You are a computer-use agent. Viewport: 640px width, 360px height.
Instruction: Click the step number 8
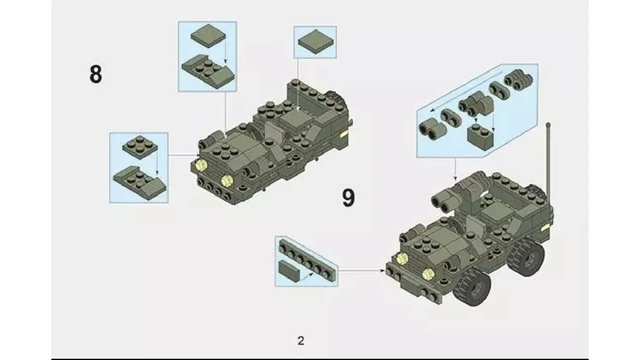pos(95,74)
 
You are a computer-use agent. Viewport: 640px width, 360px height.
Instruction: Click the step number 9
pos(348,198)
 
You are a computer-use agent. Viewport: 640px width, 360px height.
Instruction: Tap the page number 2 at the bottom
pos(300,341)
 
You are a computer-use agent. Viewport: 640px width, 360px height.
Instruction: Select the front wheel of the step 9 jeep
pos(472,287)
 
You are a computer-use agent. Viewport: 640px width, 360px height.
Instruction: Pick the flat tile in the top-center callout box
pos(315,41)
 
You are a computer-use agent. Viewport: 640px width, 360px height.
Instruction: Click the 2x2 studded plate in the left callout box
pos(139,146)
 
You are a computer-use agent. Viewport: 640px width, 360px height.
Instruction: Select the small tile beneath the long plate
pos(289,270)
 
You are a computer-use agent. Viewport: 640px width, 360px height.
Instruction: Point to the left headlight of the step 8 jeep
pos(201,165)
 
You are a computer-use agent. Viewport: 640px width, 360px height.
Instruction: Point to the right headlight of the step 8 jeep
pos(227,181)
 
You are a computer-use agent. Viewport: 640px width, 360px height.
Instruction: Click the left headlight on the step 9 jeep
pos(401,258)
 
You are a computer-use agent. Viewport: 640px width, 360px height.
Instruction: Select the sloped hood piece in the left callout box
pos(139,182)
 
